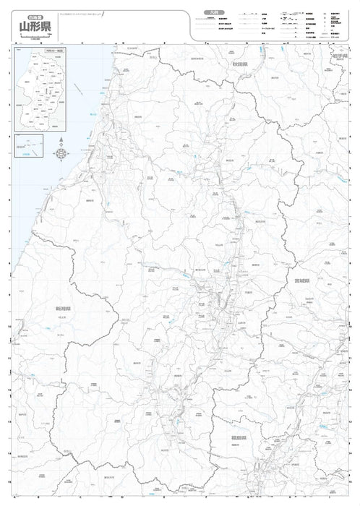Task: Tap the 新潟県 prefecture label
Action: [62, 308]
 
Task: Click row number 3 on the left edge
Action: [9, 105]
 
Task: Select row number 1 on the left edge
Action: [9, 50]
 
